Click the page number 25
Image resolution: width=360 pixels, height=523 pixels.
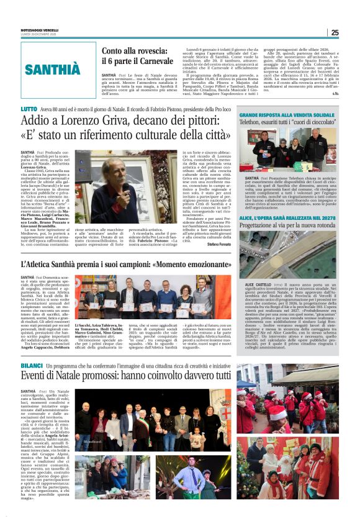coord(334,32)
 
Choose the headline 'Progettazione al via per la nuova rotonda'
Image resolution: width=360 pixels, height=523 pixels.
coord(288,219)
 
